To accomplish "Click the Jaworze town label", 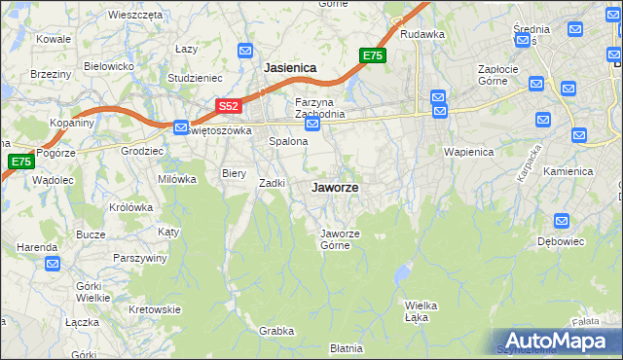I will [x=333, y=187].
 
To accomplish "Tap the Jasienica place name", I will [x=290, y=69].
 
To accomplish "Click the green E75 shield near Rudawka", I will [x=373, y=56].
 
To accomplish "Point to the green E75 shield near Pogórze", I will [x=20, y=162].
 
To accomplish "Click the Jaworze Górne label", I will [x=342, y=238].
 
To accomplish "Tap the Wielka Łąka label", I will [x=421, y=309].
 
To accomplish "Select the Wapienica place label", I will [x=469, y=153].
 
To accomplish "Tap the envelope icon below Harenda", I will [x=52, y=263].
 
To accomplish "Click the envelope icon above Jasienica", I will [x=246, y=51].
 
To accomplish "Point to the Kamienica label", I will [x=568, y=171].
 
